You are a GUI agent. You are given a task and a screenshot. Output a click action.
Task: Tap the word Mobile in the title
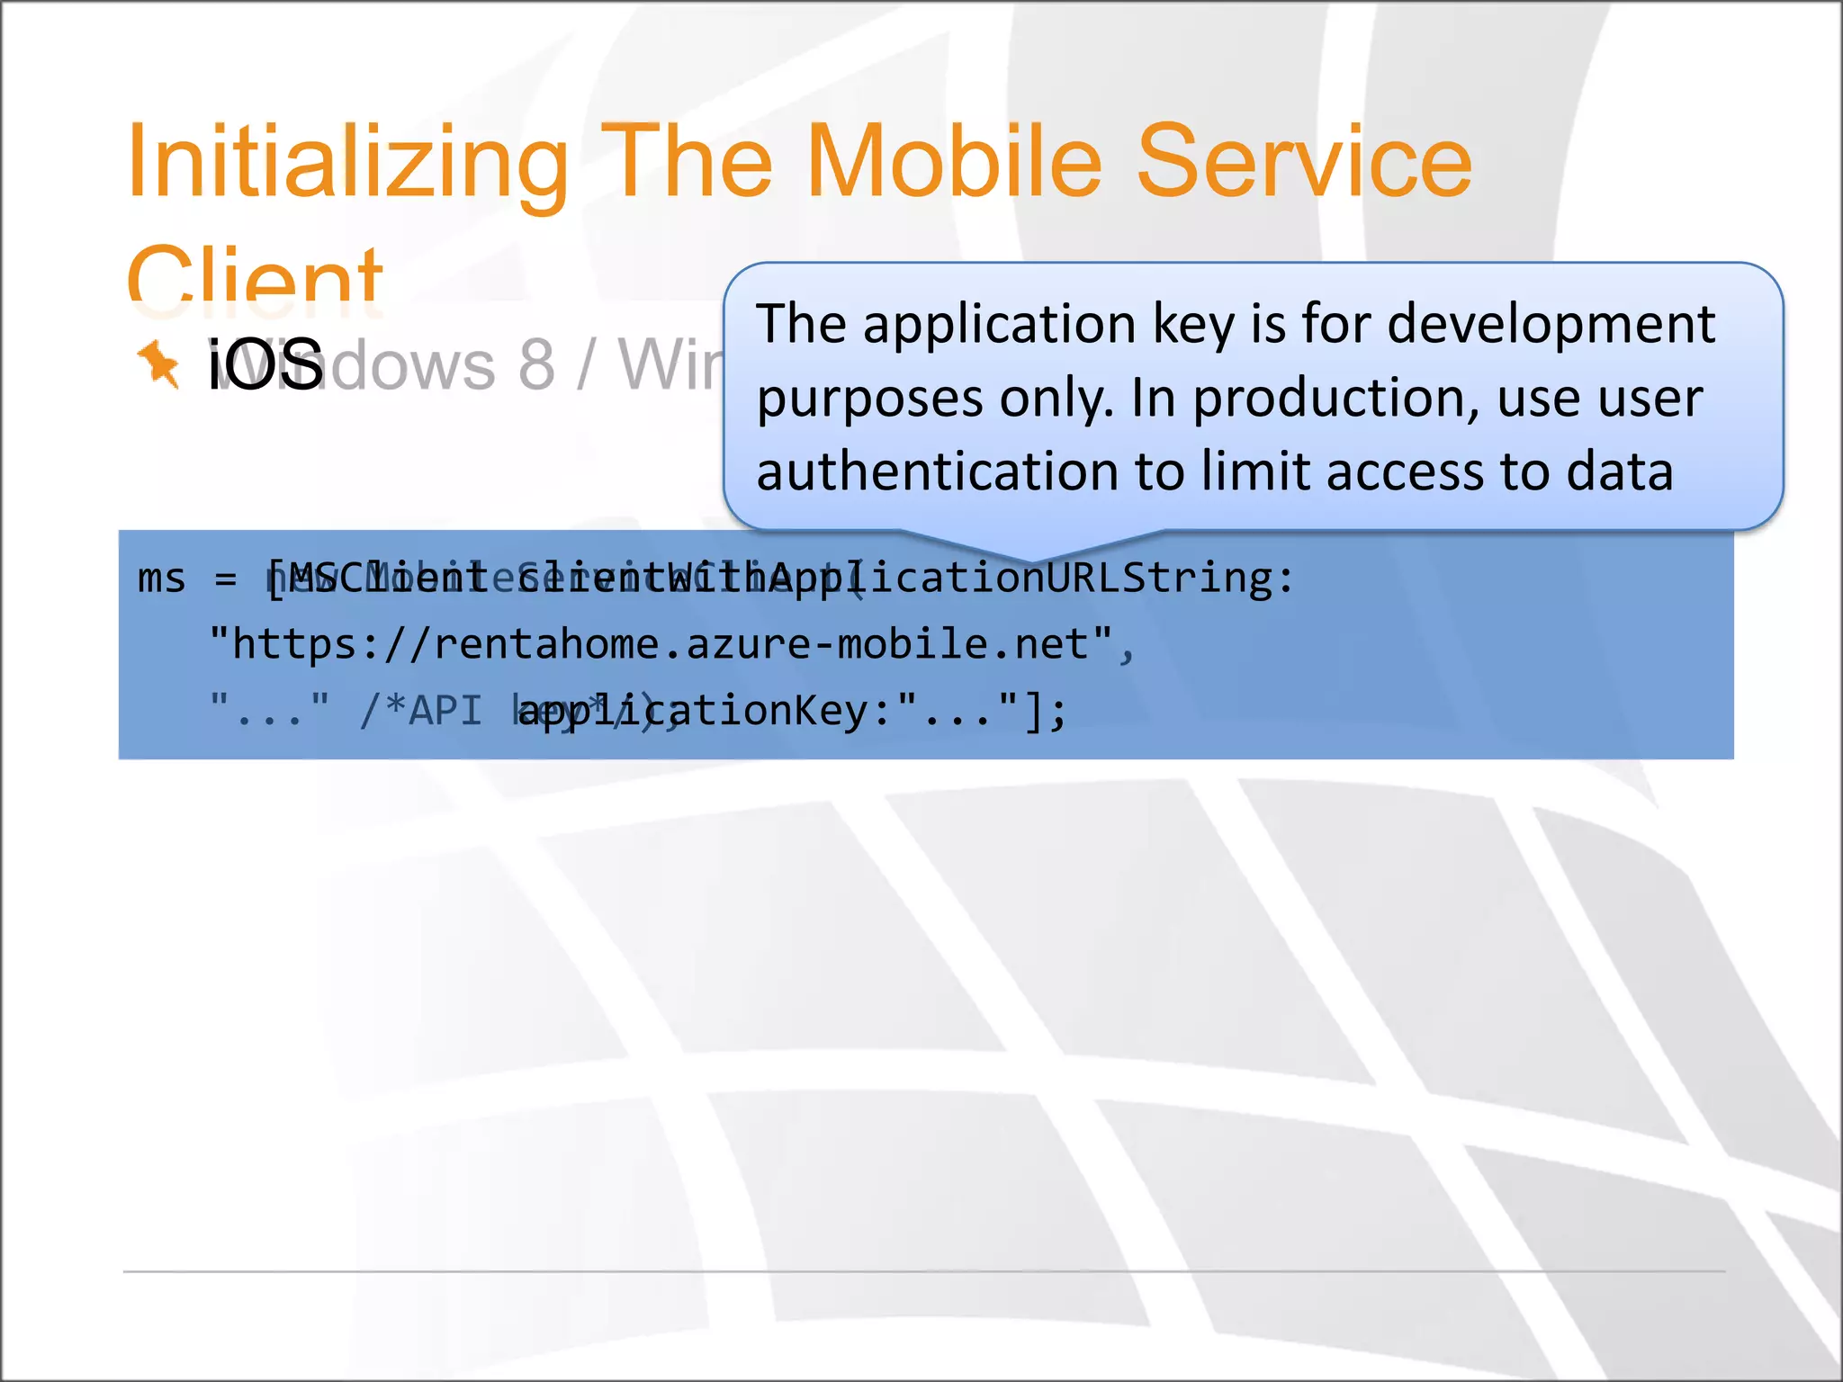coord(954,162)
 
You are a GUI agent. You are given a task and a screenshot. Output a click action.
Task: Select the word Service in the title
coord(1304,162)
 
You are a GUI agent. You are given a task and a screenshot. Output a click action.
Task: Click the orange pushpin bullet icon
coord(158,364)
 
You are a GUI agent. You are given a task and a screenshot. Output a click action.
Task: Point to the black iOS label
coord(265,364)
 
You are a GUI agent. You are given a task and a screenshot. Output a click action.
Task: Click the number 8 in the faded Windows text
coord(536,364)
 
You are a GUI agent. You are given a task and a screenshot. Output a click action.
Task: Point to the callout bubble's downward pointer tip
coord(1032,560)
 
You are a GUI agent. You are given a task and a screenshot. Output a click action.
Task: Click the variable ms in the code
coord(161,579)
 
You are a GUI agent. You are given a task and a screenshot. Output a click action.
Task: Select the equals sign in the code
coord(226,579)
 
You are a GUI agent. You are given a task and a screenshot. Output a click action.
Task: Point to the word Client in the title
coord(255,278)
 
